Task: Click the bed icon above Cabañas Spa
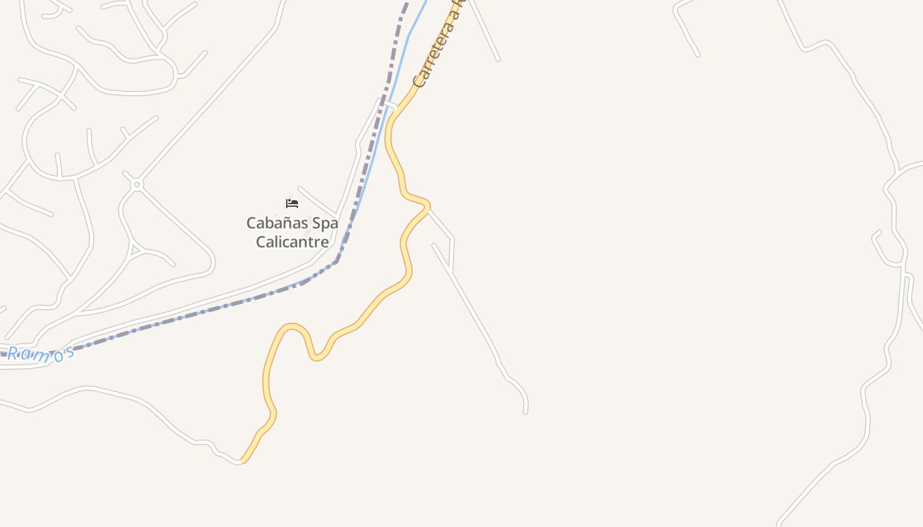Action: click(x=292, y=203)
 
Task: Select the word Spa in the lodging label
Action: click(x=324, y=223)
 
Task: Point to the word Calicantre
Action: click(x=292, y=242)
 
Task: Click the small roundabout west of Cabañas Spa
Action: click(x=137, y=185)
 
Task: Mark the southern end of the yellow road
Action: click(x=243, y=460)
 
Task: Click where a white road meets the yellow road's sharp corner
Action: click(x=427, y=207)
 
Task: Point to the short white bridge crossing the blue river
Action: click(x=388, y=103)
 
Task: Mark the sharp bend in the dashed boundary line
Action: click(x=338, y=260)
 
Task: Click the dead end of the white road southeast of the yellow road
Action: click(x=525, y=412)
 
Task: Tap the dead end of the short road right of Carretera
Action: click(x=498, y=60)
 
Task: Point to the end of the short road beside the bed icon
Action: click(x=299, y=188)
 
